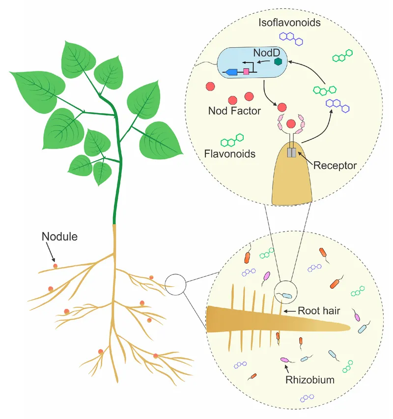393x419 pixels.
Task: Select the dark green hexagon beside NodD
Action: (x=279, y=61)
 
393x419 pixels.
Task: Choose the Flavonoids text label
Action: (x=230, y=154)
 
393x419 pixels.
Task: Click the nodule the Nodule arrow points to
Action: (x=55, y=266)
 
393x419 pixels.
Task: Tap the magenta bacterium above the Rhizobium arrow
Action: (x=284, y=360)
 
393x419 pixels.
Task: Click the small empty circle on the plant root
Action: (x=175, y=284)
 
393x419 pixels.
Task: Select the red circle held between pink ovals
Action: (x=291, y=123)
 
